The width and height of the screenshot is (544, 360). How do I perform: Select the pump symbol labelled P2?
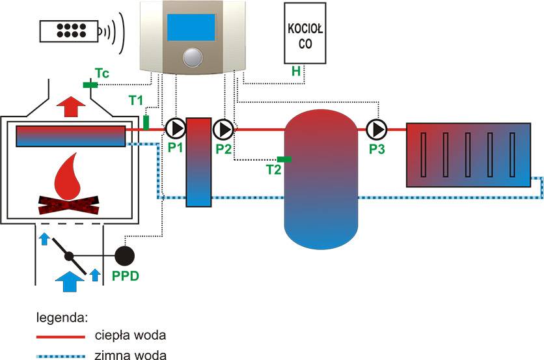click(224, 129)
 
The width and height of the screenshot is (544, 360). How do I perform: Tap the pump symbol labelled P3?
click(376, 129)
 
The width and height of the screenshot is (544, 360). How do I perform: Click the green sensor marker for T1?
click(146, 122)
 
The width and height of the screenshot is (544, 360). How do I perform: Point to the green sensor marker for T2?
click(284, 159)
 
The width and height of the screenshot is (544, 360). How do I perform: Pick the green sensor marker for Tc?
click(90, 85)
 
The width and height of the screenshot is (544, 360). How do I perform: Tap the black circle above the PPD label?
click(125, 255)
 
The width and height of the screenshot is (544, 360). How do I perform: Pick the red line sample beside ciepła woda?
click(61, 337)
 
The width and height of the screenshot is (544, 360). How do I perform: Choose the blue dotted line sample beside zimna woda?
click(61, 355)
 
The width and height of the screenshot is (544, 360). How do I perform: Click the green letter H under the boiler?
click(296, 72)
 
